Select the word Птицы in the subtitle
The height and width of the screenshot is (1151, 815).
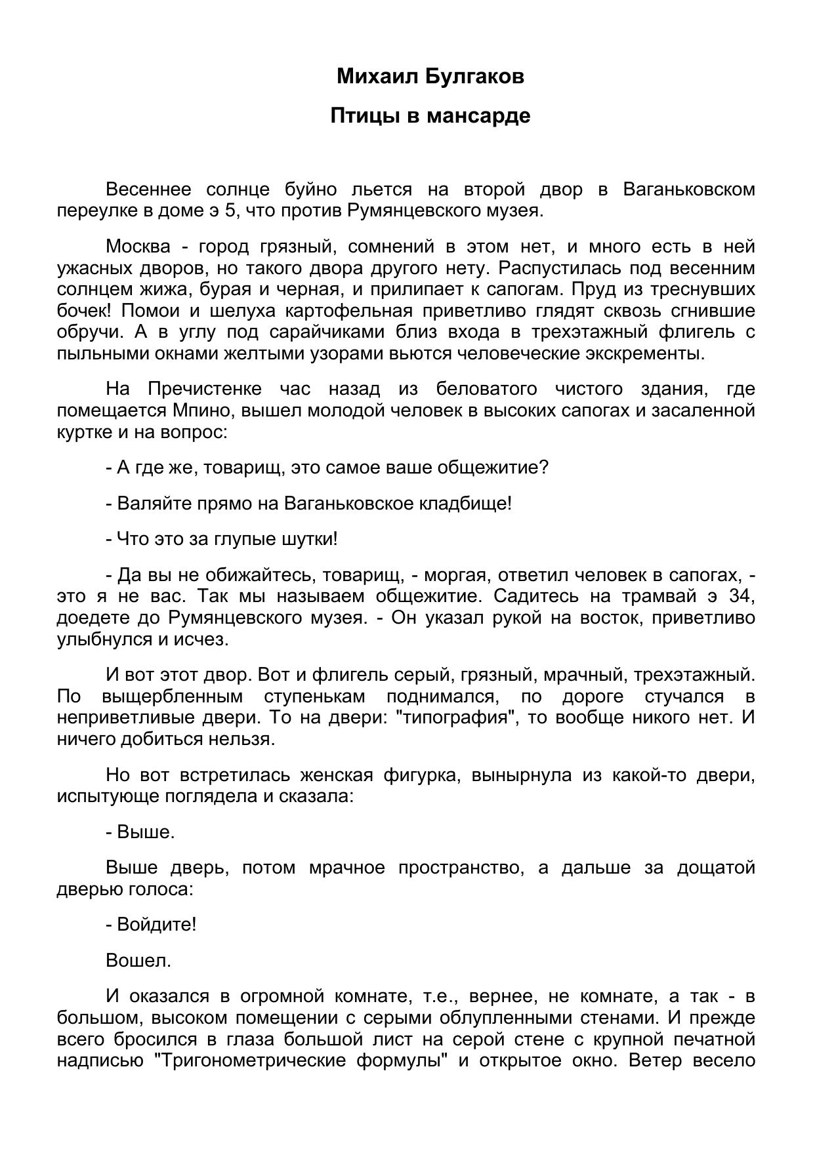pos(360,116)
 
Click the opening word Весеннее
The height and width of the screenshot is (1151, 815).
pos(148,190)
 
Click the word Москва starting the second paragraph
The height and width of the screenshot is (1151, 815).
pos(138,247)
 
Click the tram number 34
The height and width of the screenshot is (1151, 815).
pos(743,597)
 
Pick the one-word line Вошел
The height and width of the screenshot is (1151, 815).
pos(138,961)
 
